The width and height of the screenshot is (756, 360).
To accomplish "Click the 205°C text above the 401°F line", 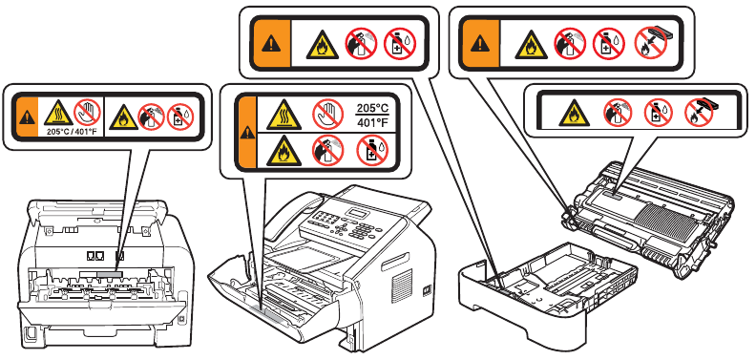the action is [372, 108].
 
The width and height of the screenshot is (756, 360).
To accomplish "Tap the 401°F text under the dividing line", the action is [372, 122].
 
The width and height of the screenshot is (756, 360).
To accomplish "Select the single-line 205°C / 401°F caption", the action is [72, 131].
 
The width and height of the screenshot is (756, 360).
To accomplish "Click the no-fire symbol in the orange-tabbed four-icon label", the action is [650, 43].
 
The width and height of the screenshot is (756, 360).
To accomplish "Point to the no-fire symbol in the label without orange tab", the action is [700, 113].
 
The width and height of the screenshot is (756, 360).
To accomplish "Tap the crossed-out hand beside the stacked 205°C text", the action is [327, 115].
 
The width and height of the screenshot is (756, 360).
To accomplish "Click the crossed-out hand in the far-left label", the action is [87, 112].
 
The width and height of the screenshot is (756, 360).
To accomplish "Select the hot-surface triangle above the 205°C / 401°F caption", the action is [59, 114].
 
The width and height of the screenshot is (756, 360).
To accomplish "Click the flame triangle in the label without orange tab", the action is [574, 114].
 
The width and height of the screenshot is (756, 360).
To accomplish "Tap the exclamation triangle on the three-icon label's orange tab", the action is [271, 44].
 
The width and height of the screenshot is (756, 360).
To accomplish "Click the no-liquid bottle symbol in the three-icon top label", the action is [400, 43].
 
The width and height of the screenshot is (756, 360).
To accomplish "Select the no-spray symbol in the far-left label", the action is [151, 117].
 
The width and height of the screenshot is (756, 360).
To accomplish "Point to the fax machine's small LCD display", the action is [359, 213].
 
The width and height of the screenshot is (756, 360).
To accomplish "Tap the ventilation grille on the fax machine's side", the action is [402, 286].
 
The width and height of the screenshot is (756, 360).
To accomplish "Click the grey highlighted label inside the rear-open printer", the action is [110, 274].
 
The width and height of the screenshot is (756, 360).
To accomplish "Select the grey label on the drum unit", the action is [610, 195].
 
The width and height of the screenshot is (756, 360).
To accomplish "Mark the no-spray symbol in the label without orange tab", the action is [619, 113].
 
